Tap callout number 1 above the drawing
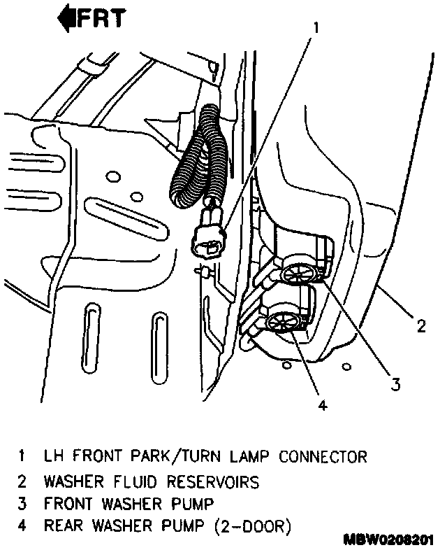pos(316,29)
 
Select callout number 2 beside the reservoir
pos(420,325)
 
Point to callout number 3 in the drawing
pos(395,383)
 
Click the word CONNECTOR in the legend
pos(323,458)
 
